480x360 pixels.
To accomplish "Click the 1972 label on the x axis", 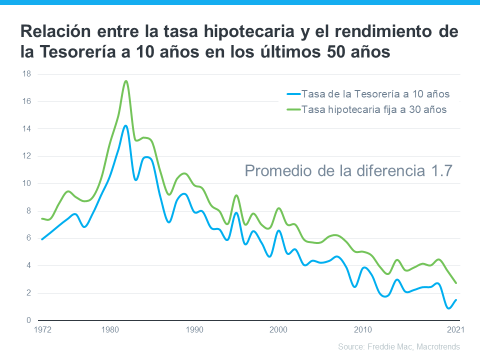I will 42,329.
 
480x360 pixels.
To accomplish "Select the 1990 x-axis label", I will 194,329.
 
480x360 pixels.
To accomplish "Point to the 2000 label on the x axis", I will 278,329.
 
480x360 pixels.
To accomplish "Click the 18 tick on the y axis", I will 26,74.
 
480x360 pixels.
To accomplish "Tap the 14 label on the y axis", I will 26,129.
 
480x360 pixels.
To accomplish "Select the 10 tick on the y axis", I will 26,183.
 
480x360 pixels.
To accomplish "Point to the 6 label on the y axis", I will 28,238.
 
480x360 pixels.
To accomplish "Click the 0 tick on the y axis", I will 28,320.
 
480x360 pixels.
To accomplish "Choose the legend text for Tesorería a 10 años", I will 376,94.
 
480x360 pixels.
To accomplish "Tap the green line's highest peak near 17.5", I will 126,81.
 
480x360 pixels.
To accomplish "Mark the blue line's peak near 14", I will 125,125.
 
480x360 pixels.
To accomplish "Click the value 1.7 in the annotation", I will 441,171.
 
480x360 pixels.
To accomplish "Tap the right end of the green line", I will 455,283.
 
